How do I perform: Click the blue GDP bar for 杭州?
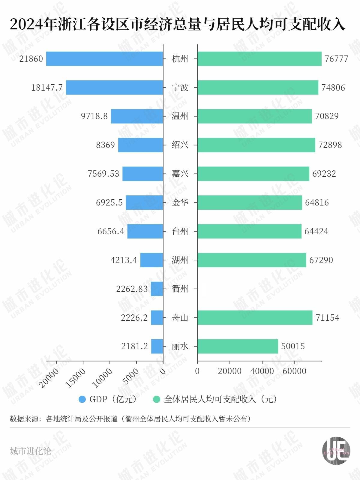coord(104,59)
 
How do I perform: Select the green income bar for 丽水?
coord(238,346)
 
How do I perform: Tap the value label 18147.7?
coord(47,88)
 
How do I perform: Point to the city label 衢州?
coord(180,289)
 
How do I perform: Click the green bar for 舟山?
coord(255,317)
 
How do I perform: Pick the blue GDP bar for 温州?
coord(137,116)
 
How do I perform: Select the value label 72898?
coord(330,145)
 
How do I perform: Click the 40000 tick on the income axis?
coord(262,371)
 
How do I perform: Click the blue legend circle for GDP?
coord(82,399)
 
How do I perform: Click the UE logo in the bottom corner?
coord(336,451)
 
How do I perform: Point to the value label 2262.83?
coord(132,289)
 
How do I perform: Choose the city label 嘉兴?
coord(180,174)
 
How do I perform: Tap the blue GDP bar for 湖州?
coord(151,260)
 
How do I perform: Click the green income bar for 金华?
coord(250,202)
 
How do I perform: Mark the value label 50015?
coord(293,346)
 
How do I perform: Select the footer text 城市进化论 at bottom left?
coord(30,451)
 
